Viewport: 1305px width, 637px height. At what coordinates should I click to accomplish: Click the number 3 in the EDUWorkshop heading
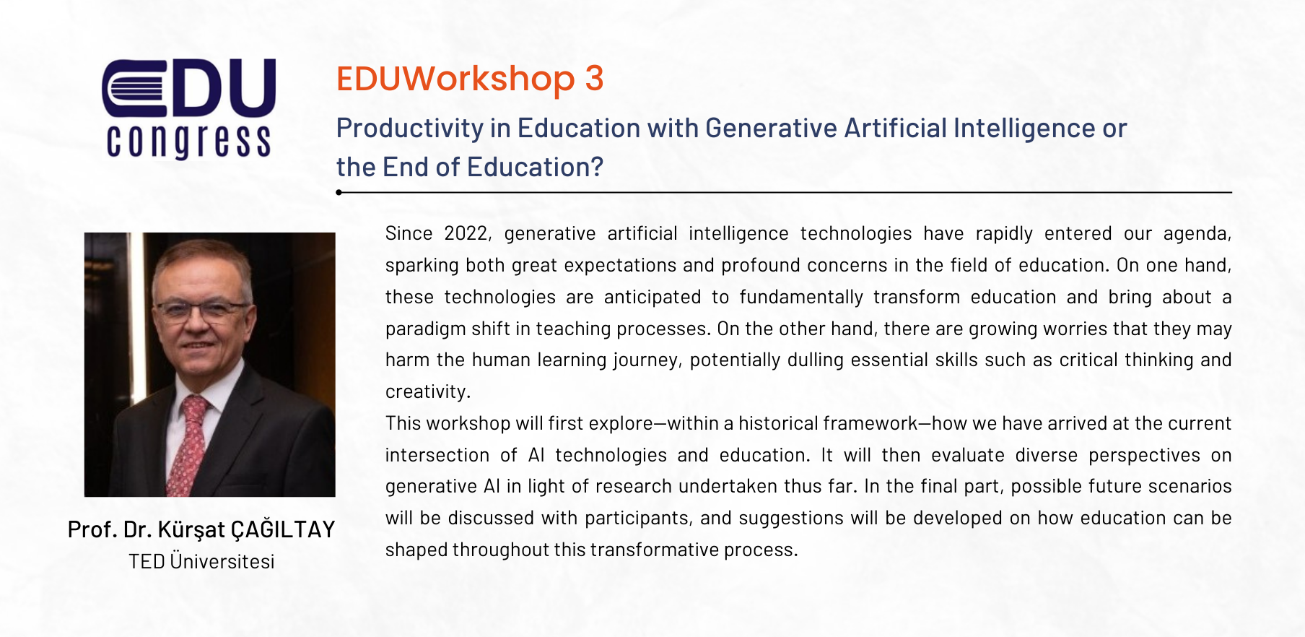pyautogui.click(x=594, y=79)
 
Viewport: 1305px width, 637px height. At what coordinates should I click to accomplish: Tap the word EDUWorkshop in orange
pyautogui.click(x=455, y=79)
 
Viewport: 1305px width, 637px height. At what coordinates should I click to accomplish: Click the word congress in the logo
pyautogui.click(x=189, y=140)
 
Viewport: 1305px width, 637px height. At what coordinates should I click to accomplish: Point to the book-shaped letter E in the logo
pyautogui.click(x=134, y=88)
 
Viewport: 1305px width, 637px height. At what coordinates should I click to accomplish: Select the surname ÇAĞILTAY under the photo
pyautogui.click(x=283, y=529)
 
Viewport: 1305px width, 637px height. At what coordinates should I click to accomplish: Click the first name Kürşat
pyautogui.click(x=191, y=529)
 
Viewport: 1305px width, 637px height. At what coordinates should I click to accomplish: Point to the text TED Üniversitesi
pyautogui.click(x=201, y=561)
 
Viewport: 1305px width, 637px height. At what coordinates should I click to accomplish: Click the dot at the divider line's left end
pyautogui.click(x=339, y=192)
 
